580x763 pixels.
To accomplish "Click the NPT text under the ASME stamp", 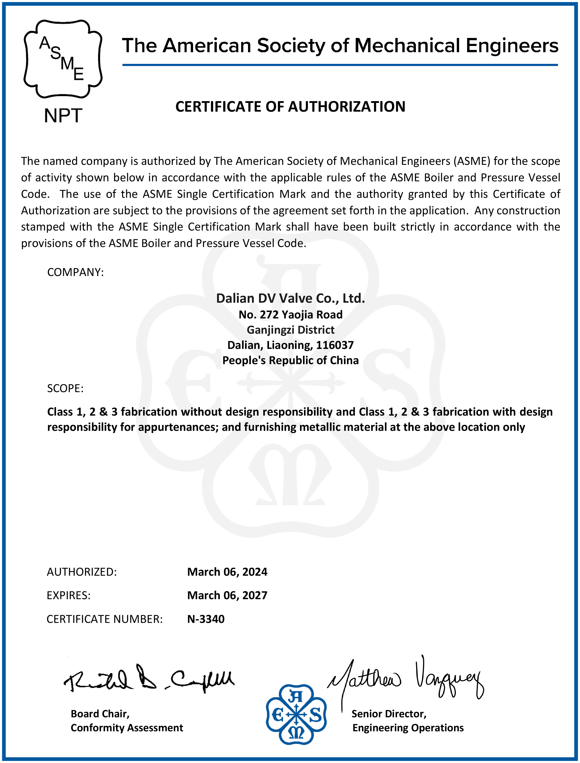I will click(x=63, y=116).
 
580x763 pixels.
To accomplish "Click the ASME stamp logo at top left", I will click(x=63, y=59).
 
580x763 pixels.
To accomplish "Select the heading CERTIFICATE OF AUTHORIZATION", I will click(x=290, y=107).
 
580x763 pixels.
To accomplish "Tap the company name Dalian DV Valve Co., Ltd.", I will click(x=290, y=298).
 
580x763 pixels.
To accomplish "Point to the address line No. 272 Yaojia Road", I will click(x=290, y=314).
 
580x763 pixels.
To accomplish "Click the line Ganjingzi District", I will click(x=290, y=330).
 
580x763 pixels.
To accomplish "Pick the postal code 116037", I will click(x=335, y=345).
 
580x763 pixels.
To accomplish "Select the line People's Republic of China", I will click(x=290, y=360).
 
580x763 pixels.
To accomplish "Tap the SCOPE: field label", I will click(x=65, y=388).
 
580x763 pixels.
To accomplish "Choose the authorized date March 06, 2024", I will click(x=227, y=572).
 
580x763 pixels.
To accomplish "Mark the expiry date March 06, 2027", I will click(x=227, y=595).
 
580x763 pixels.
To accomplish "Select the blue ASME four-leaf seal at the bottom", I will click(x=296, y=714).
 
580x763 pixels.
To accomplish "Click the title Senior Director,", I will click(x=389, y=714).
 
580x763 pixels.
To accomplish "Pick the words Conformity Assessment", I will click(x=127, y=728).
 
